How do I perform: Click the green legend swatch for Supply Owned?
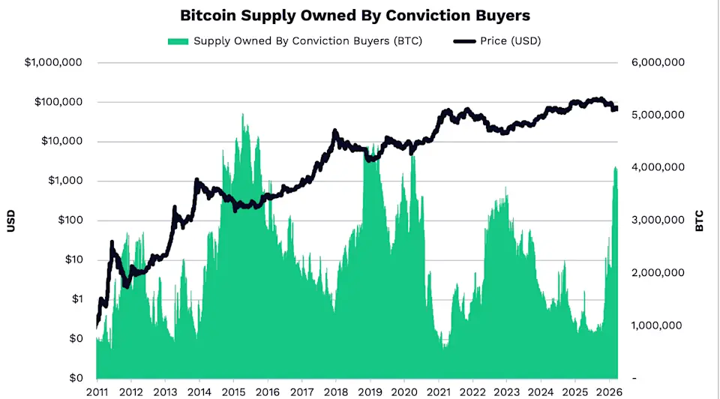178,40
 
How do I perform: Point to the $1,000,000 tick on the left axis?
53,63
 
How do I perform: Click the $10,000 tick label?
60,142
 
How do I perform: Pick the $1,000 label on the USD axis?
63,181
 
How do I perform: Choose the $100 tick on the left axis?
67,220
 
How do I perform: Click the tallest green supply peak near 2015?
242,115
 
